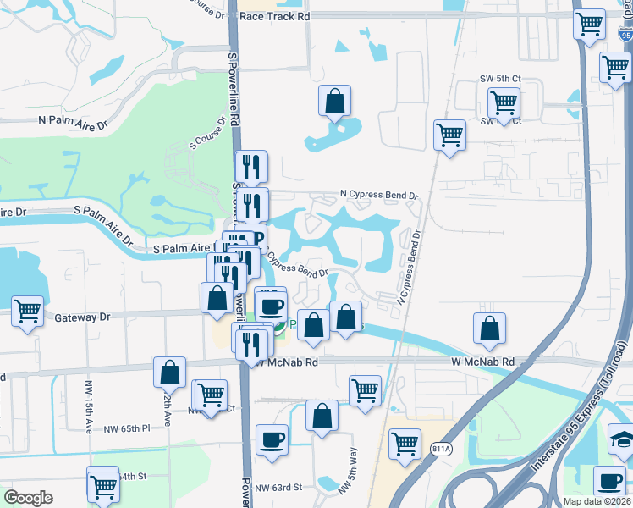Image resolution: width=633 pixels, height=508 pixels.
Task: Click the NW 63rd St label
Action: (x=278, y=488)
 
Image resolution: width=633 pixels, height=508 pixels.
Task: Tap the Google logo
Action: (x=28, y=498)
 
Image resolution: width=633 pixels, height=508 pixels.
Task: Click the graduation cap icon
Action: (x=621, y=439)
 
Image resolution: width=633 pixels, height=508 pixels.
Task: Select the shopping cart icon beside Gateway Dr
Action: (x=27, y=311)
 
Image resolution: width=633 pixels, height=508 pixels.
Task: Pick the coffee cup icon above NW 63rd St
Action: (x=272, y=439)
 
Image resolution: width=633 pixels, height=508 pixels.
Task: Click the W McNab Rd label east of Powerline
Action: (x=483, y=362)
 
